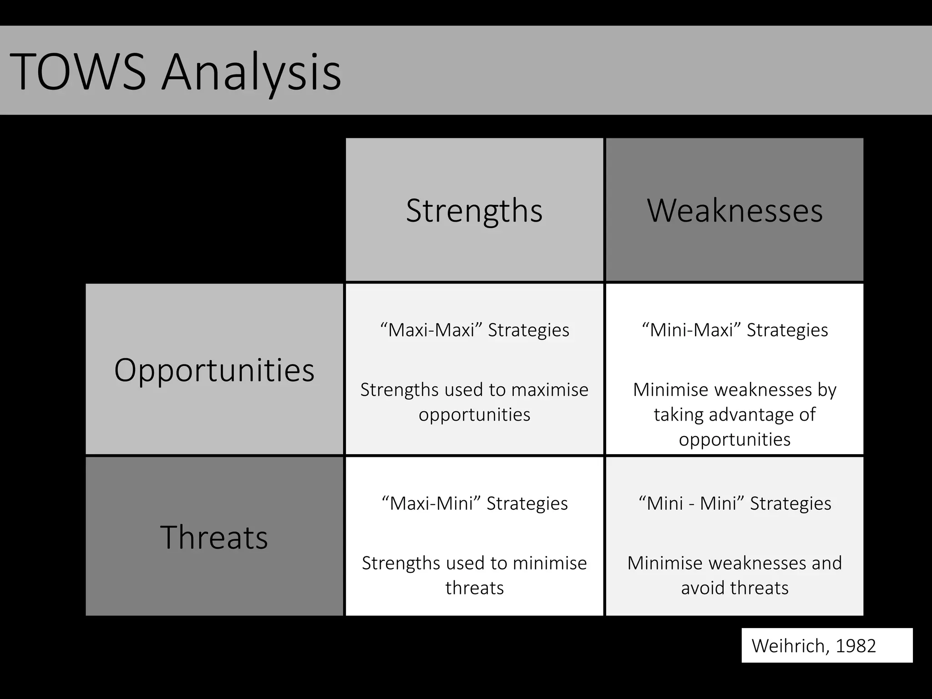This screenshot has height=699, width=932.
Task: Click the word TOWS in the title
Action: (x=77, y=72)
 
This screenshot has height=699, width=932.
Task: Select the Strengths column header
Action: (x=474, y=210)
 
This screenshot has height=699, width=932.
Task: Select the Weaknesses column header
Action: (x=734, y=210)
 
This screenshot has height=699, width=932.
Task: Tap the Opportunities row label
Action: (x=214, y=370)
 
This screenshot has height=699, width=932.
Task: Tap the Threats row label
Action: (x=214, y=537)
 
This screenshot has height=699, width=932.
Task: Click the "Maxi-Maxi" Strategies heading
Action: (x=474, y=330)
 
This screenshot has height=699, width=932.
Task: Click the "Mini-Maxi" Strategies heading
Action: (x=734, y=330)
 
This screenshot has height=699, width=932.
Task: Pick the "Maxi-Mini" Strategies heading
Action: (x=474, y=503)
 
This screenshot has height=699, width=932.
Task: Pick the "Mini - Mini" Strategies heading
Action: (x=734, y=503)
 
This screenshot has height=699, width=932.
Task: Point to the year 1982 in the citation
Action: (x=856, y=646)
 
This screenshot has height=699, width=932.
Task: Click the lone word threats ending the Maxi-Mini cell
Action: (x=474, y=588)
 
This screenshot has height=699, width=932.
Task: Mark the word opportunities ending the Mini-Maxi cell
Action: (x=734, y=440)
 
